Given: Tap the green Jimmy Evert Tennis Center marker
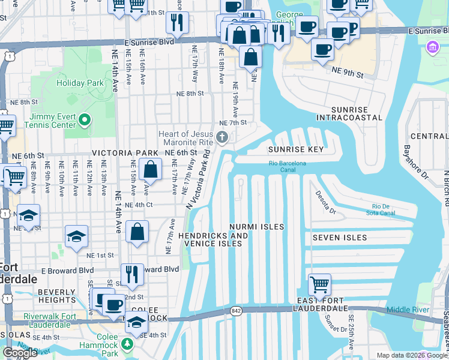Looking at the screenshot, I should coord(84,121).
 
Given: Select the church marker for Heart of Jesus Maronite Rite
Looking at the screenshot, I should coord(222,139).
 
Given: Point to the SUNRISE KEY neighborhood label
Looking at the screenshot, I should coord(296,149).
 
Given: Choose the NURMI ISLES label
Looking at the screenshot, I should coord(256,227).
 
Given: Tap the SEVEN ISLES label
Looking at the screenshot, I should coord(339,238).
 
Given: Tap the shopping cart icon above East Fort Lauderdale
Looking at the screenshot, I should coord(319,283).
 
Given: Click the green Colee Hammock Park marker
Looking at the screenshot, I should coord(127,344).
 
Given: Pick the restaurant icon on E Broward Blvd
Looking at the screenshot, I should coord(132,274).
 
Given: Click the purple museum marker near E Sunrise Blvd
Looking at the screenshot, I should coord(432,47).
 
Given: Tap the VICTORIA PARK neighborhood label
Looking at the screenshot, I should coord(124,153).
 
